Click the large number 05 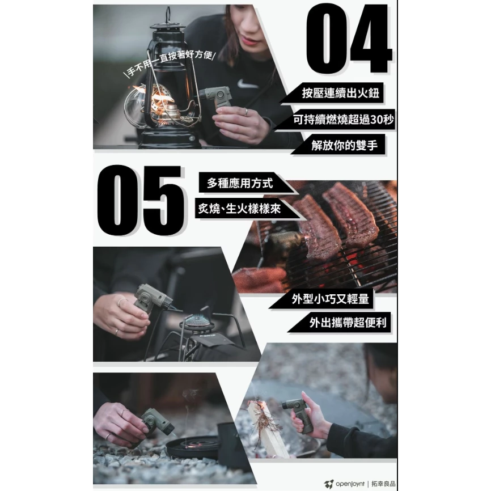pyautogui.click(x=141, y=200)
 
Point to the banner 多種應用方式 pyautogui.click(x=240, y=183)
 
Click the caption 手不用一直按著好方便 pyautogui.click(x=169, y=64)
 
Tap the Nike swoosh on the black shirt pyautogui.click(x=248, y=84)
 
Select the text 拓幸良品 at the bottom pyautogui.click(x=384, y=484)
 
